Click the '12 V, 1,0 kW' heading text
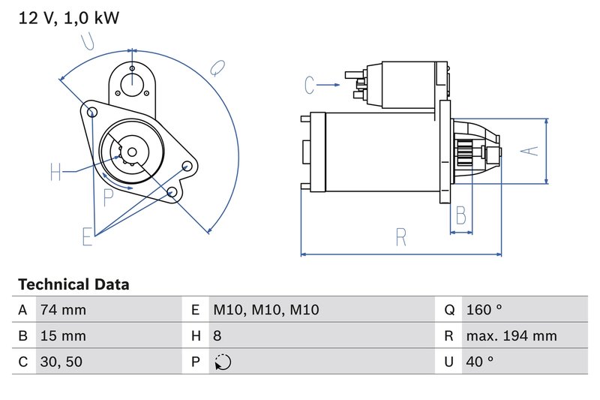pos(68,19)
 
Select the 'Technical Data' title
pos(73,284)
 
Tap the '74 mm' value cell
pos(64,310)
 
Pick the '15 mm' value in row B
pos(64,335)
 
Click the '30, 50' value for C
pos(62,362)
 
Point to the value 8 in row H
pos(218,335)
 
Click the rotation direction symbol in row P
pos(223,362)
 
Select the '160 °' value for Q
pos(483,310)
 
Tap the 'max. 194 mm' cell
pos(511,335)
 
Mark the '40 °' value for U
pos(479,362)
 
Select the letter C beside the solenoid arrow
pos(310,86)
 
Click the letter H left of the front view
pos(56,173)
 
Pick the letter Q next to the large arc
pos(215,68)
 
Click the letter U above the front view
pos(88,41)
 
